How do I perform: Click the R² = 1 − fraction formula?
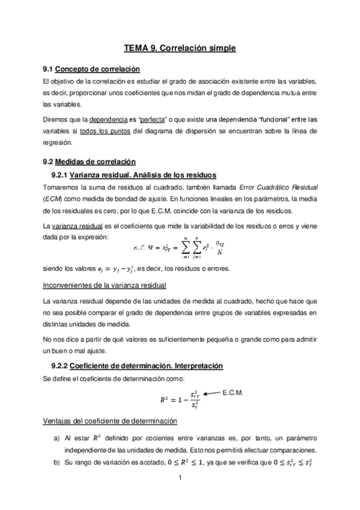point(180,399)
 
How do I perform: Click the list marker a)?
point(56,439)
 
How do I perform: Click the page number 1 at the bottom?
point(180,479)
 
